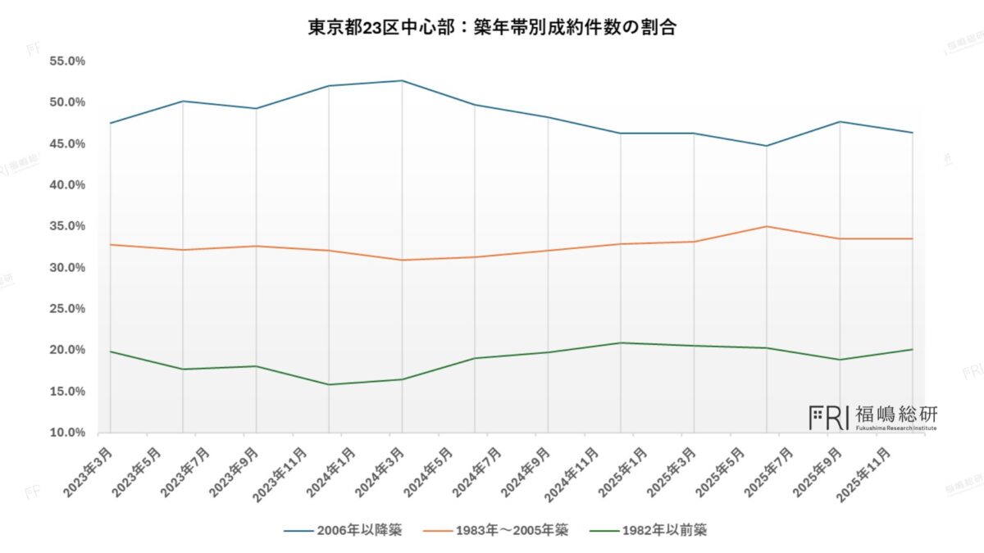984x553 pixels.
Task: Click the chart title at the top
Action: [x=491, y=27]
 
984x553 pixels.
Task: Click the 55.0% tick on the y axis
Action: [x=68, y=61]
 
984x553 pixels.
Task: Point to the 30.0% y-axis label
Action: [x=68, y=268]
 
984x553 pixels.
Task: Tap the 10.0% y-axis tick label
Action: [x=68, y=433]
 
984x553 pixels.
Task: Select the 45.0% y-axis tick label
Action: [x=68, y=144]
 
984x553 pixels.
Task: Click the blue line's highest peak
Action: [x=402, y=80]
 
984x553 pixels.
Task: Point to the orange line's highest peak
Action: [x=767, y=226]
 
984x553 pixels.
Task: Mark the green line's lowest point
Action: [x=329, y=384]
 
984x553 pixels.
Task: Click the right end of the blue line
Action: [x=913, y=133]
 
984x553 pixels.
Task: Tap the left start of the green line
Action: [x=109, y=351]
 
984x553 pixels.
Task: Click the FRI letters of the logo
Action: [x=828, y=416]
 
